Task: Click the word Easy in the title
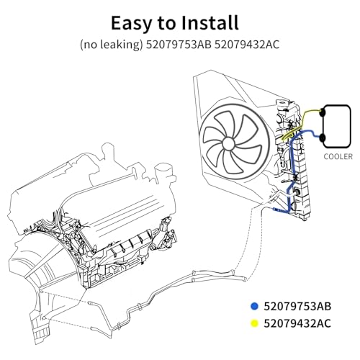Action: (131, 23)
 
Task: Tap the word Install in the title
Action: (210, 22)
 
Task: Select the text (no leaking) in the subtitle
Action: (111, 45)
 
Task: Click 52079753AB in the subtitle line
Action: (179, 45)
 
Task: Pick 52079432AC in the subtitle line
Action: (247, 45)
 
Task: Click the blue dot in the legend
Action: (254, 306)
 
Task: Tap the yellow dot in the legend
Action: (254, 323)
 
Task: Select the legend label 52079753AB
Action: (297, 306)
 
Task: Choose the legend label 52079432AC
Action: (297, 323)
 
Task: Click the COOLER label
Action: (338, 157)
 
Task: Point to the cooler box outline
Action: (351, 126)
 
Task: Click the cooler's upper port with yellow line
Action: (322, 112)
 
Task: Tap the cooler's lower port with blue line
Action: (322, 138)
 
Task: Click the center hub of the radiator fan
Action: (228, 144)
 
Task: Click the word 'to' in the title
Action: (166, 24)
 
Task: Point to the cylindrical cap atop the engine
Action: (163, 172)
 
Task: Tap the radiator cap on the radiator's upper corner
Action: (282, 103)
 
